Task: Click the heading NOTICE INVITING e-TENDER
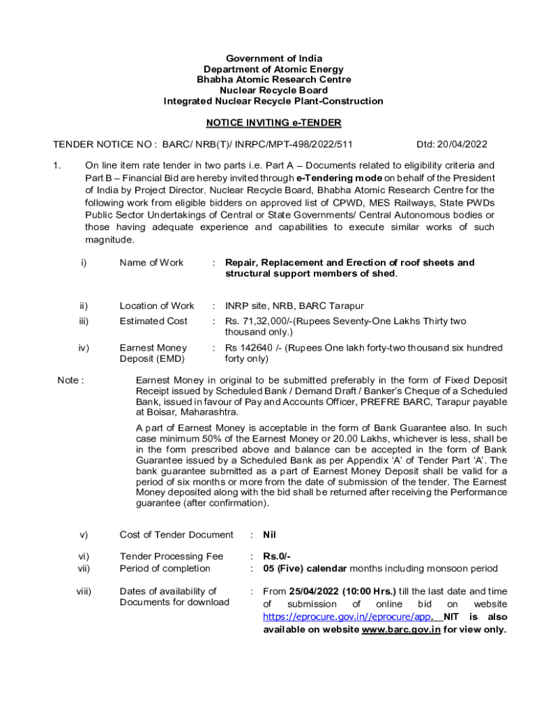(x=273, y=123)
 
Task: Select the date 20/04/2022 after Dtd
(x=463, y=144)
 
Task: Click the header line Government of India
(x=273, y=59)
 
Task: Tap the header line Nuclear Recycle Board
(x=273, y=91)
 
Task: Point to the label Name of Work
(x=151, y=263)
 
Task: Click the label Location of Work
(x=157, y=306)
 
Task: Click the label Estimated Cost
(x=153, y=321)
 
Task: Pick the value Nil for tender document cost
(x=270, y=535)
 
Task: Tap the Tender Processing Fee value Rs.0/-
(x=277, y=556)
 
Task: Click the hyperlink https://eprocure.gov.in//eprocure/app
(x=347, y=617)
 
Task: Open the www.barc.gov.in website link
(x=401, y=630)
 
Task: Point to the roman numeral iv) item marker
(x=84, y=348)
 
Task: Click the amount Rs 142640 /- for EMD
(x=252, y=348)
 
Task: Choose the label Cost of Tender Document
(x=176, y=535)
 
